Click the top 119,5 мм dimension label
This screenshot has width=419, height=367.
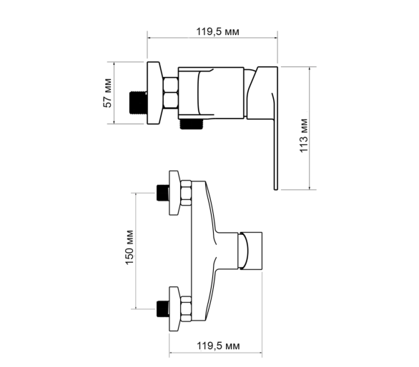[218, 31]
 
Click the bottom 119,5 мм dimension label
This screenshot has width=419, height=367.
[218, 346]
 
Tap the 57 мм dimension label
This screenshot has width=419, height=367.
[107, 93]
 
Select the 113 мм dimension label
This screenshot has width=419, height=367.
[304, 135]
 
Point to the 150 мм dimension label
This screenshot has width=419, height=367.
[129, 247]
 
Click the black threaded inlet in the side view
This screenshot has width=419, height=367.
[139, 103]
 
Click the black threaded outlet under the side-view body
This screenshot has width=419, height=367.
[192, 124]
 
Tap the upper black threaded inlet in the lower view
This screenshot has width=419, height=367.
[163, 193]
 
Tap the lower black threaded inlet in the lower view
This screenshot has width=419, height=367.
[163, 309]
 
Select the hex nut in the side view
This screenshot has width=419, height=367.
[170, 93]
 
